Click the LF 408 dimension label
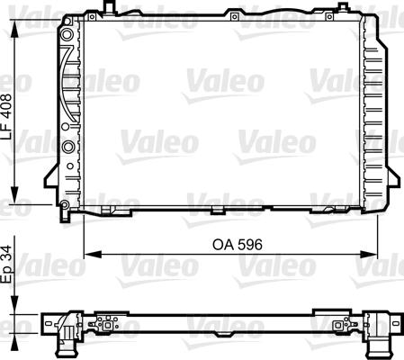click(x=6, y=116)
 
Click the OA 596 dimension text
click(x=238, y=245)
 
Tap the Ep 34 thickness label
click(x=6, y=265)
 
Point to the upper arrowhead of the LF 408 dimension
click(x=14, y=29)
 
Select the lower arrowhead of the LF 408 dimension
click(x=14, y=195)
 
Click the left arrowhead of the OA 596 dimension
click(x=92, y=255)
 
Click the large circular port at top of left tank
click(x=67, y=35)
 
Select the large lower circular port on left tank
click(x=68, y=147)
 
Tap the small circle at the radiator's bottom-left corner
click(x=64, y=205)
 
